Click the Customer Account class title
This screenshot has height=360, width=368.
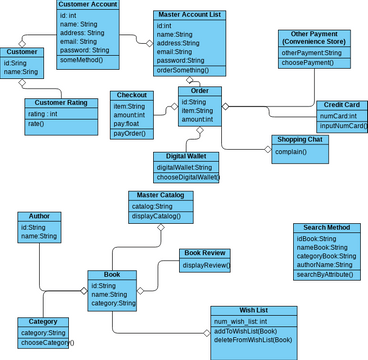point(88,5)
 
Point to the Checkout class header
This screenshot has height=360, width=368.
point(129,95)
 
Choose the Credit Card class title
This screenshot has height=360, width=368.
point(341,105)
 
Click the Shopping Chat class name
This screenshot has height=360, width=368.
point(297,140)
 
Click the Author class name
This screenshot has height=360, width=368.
point(39,215)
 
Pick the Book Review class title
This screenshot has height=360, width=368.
point(207,253)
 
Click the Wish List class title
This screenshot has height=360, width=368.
point(254,310)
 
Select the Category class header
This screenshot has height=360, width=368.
point(42,322)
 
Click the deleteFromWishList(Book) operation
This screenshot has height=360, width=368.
point(254,340)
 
